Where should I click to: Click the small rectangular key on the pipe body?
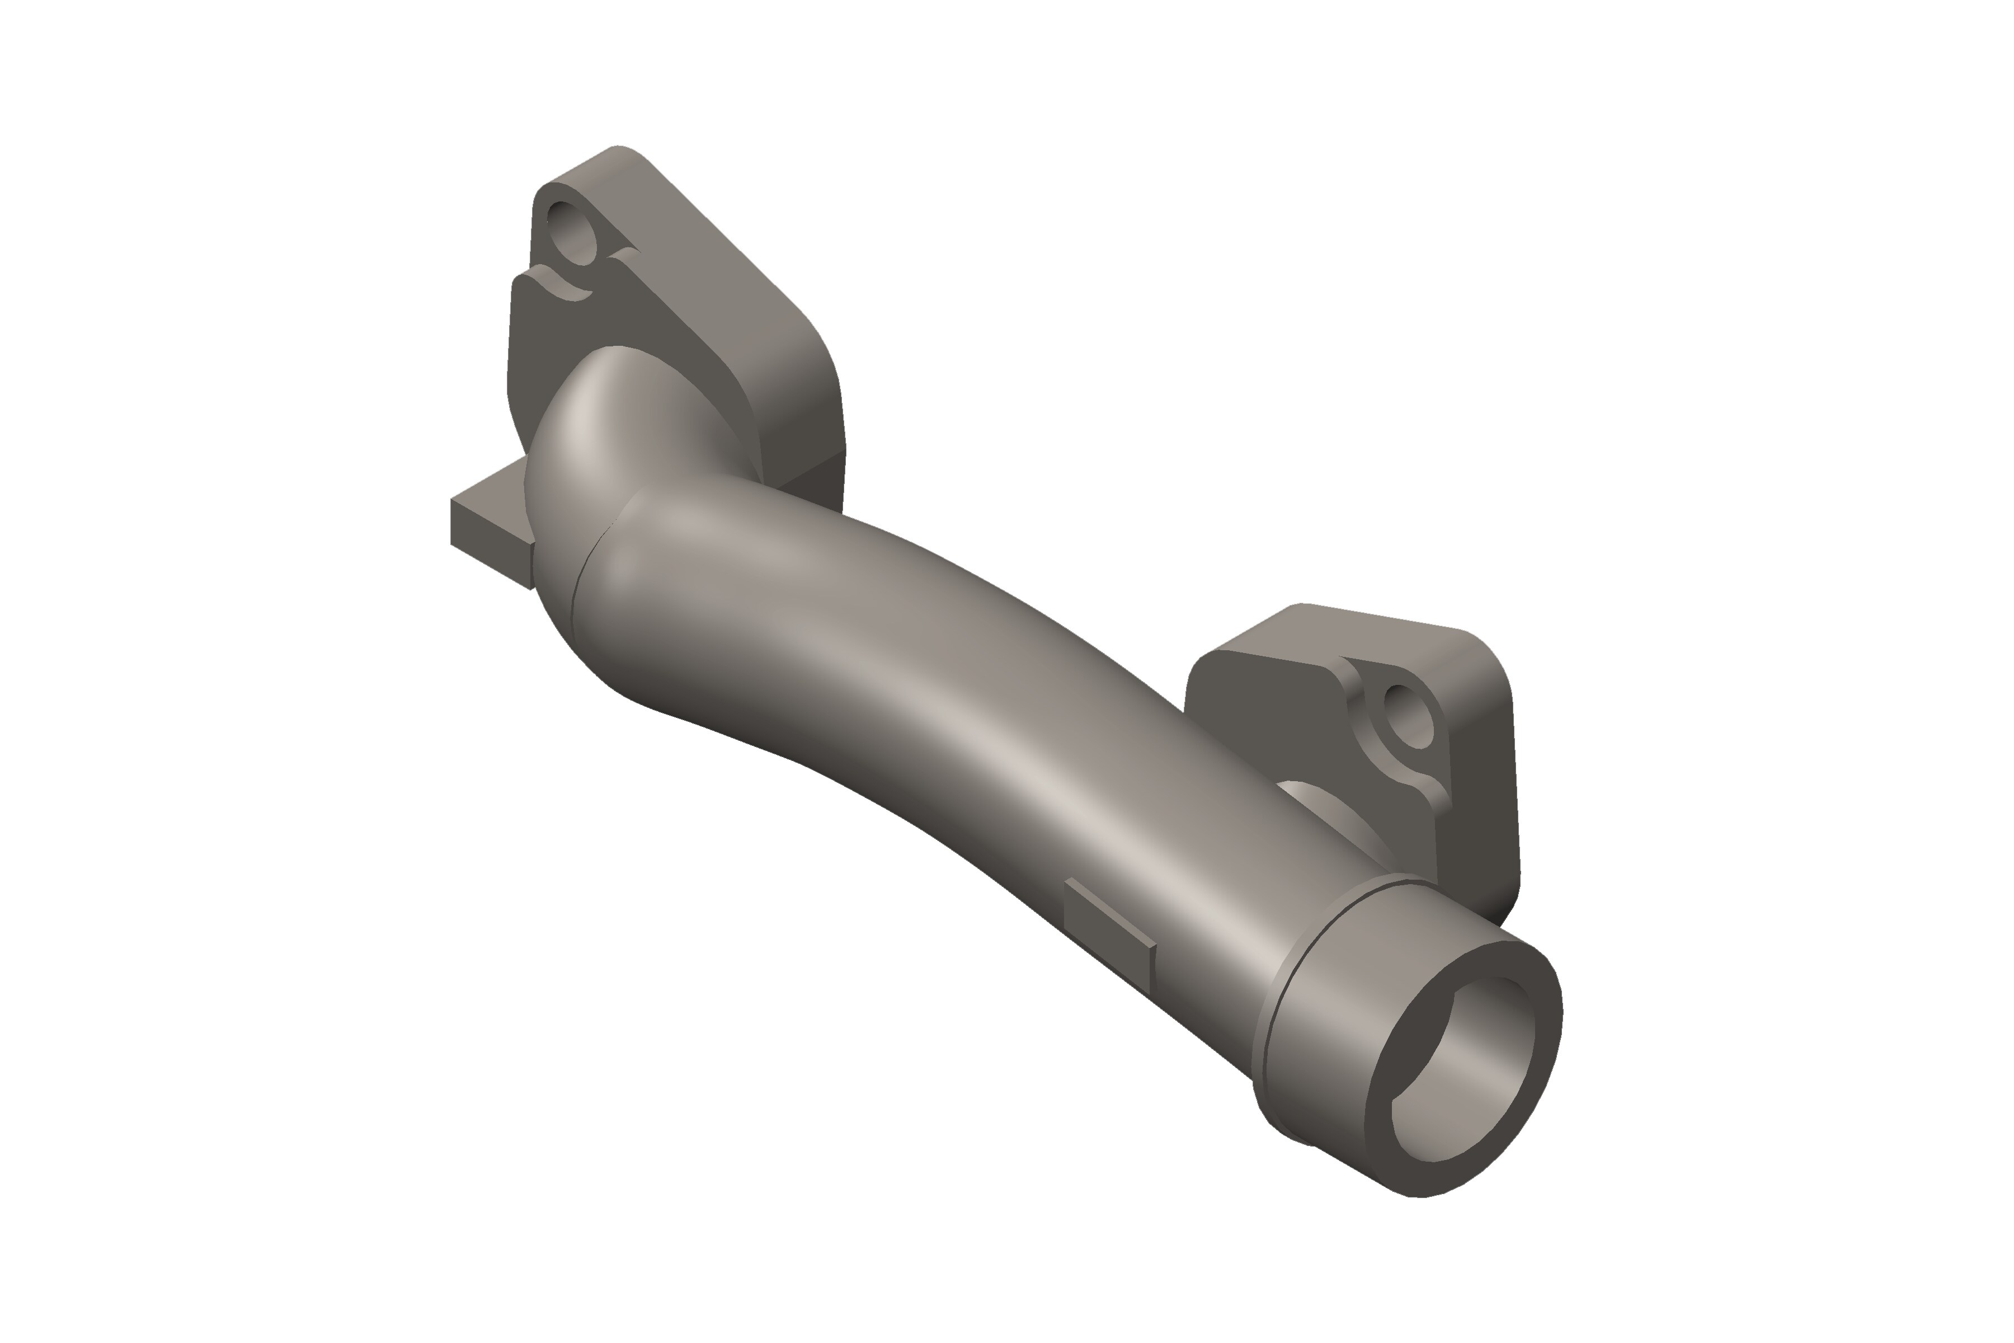[x=1108, y=917]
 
